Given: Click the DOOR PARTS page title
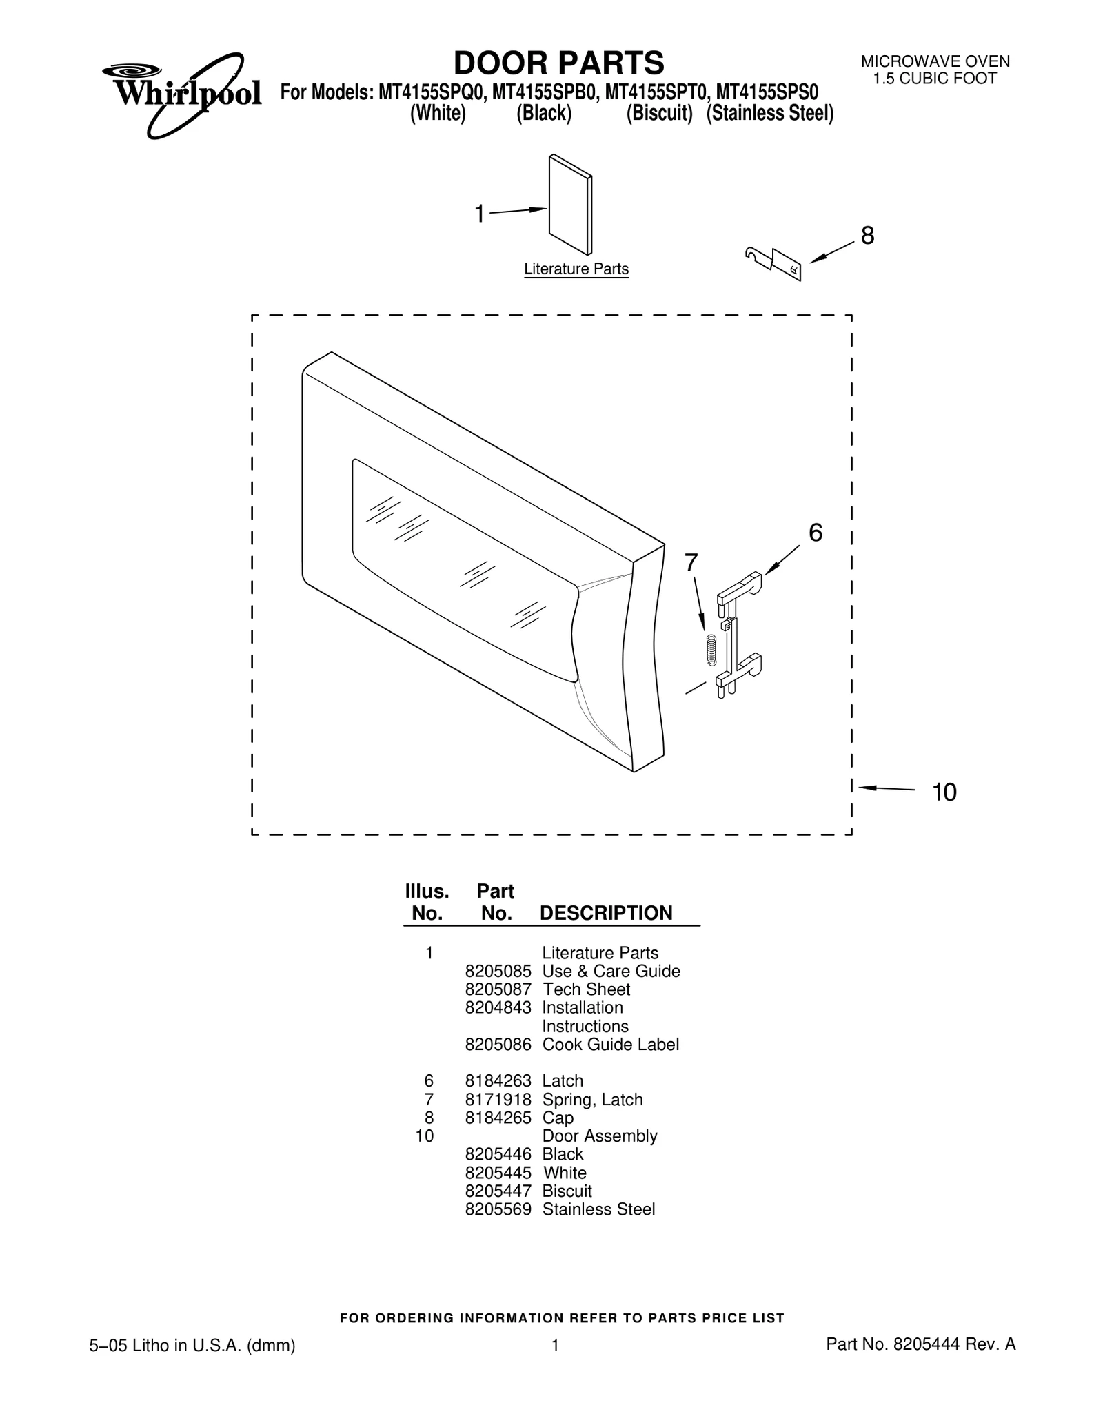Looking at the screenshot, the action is [558, 63].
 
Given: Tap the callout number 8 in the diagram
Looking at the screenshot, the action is [867, 236].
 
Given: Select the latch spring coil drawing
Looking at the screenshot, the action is [711, 648].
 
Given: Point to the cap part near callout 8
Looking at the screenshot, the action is [773, 263].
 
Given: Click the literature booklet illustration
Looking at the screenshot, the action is [570, 205].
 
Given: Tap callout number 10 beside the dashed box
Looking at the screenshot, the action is [944, 792].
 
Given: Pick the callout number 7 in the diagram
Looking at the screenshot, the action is [691, 563].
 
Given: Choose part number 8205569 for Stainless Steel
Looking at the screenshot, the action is [498, 1209].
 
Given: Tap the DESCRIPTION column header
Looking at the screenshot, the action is [606, 913].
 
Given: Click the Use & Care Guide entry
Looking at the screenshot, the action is [611, 971].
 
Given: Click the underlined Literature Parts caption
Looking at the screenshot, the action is [576, 269].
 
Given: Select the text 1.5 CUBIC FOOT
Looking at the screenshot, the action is [935, 79].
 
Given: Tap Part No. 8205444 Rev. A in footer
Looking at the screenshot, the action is [921, 1344].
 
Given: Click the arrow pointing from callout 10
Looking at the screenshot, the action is [887, 788].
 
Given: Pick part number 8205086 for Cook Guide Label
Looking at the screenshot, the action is [498, 1045].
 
